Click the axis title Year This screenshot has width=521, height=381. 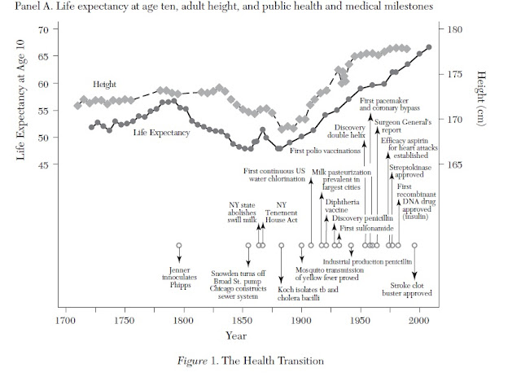tap(237, 335)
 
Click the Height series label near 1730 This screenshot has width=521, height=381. tap(105, 84)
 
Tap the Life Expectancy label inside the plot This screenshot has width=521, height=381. tap(161, 131)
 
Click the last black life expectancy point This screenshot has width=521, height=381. tap(429, 47)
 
